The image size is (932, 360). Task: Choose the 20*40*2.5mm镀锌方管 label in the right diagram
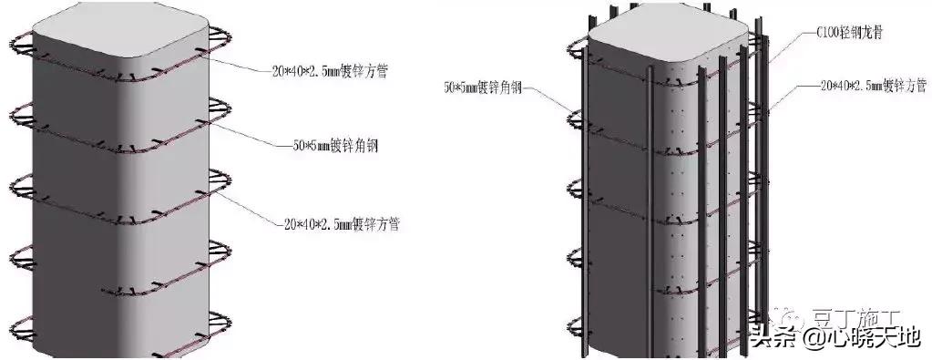coord(873,85)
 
